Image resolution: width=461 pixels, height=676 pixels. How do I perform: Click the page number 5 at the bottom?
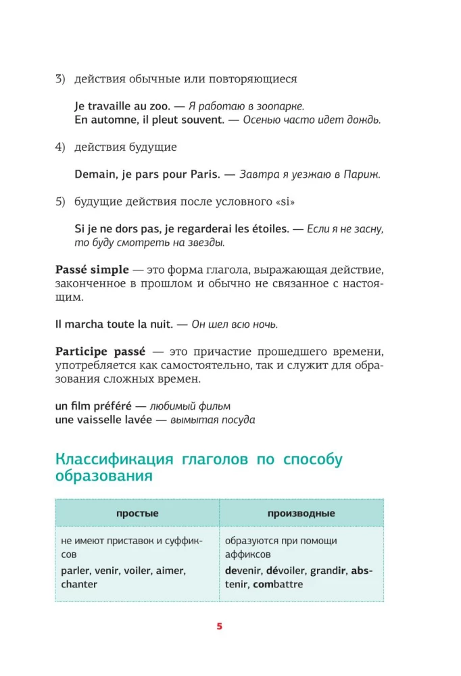pyautogui.click(x=219, y=626)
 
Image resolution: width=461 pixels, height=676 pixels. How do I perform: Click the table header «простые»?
pyautogui.click(x=137, y=513)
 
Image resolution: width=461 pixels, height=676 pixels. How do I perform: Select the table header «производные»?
pyautogui.click(x=301, y=513)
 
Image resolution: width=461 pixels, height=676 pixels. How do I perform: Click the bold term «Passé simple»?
pyautogui.click(x=91, y=269)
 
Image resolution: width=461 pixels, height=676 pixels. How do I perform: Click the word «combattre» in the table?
pyautogui.click(x=278, y=584)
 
